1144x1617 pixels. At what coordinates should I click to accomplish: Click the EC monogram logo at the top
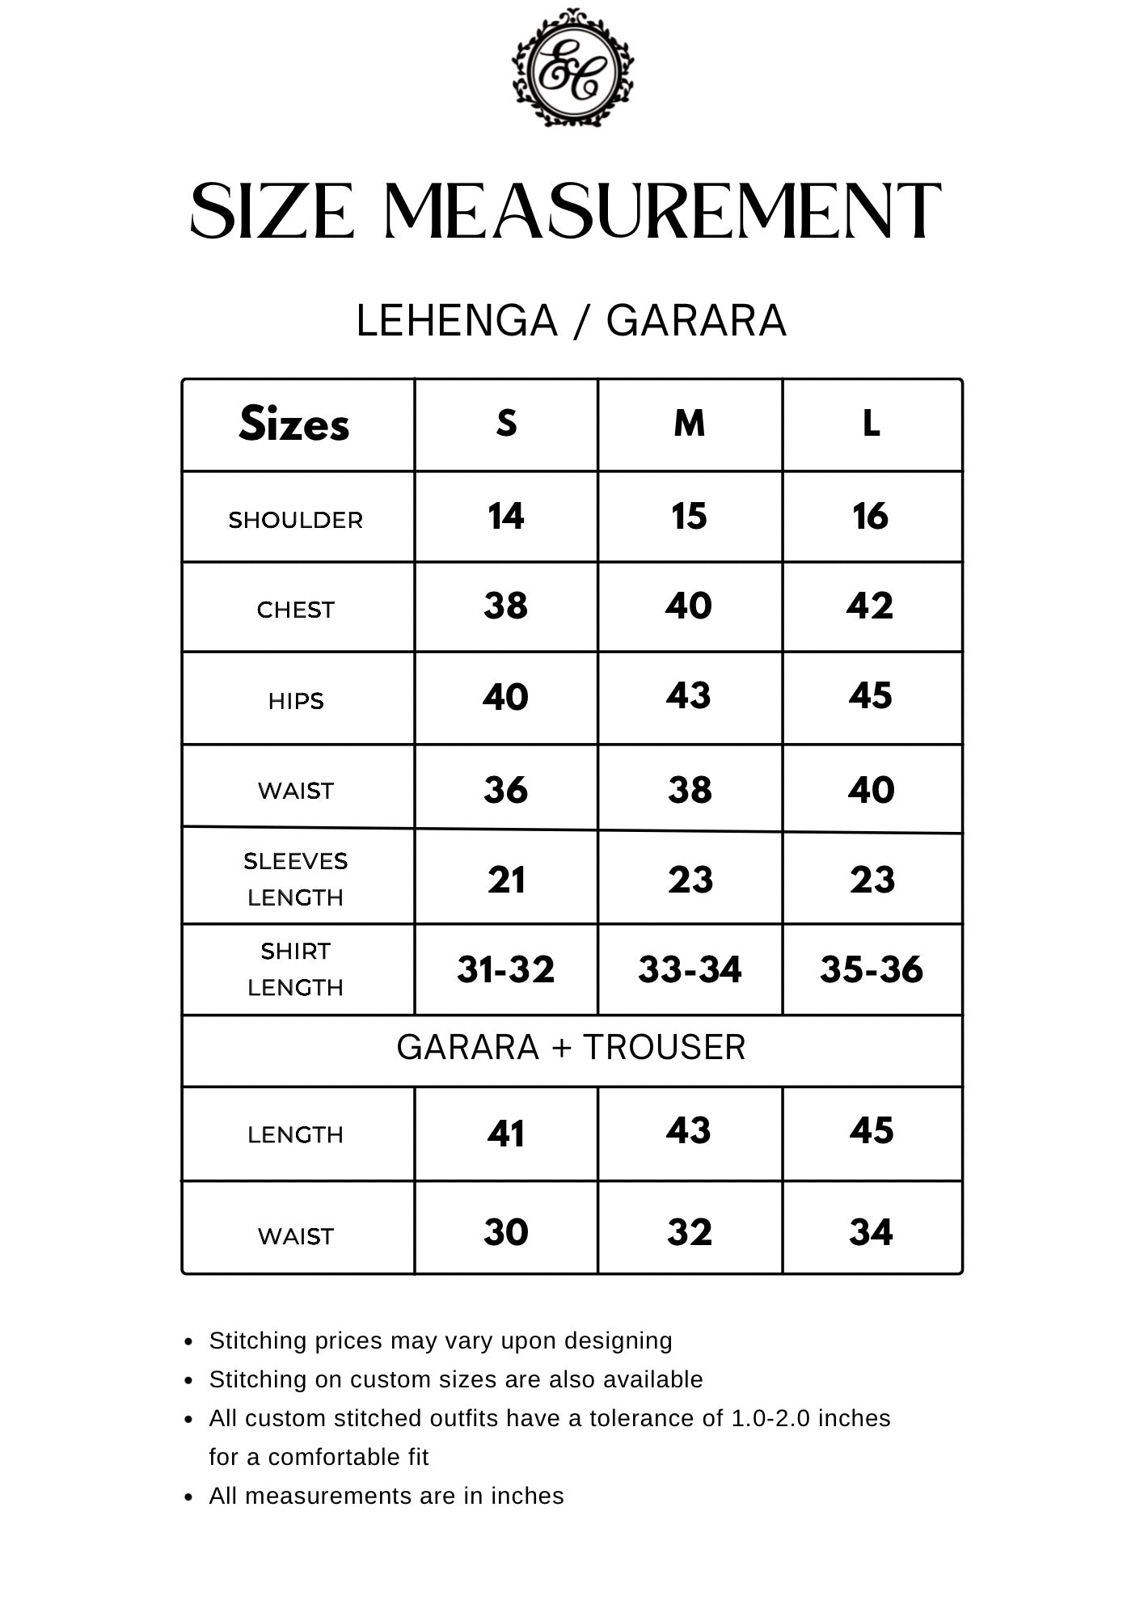pos(572,68)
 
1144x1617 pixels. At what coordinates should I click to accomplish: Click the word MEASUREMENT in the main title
pos(662,212)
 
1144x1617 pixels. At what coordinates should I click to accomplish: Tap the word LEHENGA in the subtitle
pos(457,320)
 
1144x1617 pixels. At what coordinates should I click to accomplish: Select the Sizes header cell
pos(295,424)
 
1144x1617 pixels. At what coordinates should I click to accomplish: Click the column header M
pos(689,424)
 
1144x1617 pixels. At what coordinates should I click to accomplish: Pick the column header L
pos(871,424)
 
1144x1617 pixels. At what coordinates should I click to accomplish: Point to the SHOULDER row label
pos(296,520)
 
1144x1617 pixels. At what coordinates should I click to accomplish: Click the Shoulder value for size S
pos(506,517)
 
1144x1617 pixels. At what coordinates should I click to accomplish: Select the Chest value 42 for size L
pos(870,606)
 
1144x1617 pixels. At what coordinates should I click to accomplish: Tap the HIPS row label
pos(296,701)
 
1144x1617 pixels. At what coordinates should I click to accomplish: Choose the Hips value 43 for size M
pos(689,695)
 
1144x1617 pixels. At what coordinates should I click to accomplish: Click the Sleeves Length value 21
pos(506,880)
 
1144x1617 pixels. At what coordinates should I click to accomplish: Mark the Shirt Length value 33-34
pos(690,969)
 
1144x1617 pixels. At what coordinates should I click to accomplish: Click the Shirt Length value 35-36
pos(872,969)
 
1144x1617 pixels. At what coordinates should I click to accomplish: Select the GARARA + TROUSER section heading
pos(571,1048)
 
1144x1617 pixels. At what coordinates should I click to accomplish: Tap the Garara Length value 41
pos(506,1134)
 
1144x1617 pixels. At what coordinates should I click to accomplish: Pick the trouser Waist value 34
pos(871,1232)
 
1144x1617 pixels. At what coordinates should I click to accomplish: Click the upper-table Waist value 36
pos(506,790)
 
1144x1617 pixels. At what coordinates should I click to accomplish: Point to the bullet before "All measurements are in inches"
pos(189,1497)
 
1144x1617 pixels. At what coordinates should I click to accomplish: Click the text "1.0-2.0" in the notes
pos(770,1418)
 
